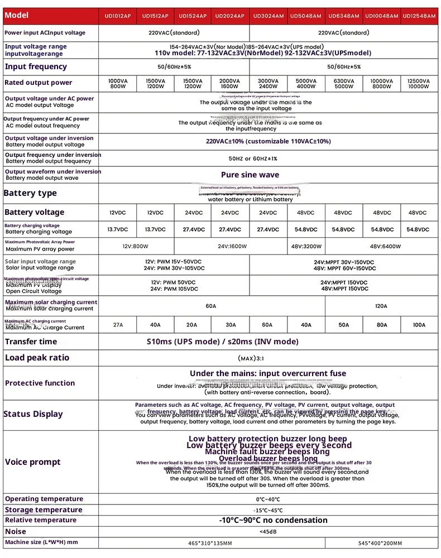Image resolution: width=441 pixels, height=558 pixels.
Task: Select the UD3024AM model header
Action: click(268, 16)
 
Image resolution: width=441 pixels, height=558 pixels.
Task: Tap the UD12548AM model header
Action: click(419, 16)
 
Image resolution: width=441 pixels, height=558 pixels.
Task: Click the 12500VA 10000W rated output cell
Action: click(419, 84)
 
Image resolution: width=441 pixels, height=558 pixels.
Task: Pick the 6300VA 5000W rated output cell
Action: click(344, 84)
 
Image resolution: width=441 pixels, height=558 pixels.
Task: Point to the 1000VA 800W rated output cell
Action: click(118, 84)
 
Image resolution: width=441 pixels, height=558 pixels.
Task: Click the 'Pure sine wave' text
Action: click(250, 175)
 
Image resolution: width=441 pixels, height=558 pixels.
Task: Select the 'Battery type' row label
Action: click(31, 193)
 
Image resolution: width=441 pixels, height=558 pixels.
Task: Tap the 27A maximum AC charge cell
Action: click(118, 325)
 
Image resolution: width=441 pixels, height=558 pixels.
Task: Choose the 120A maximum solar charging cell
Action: click(382, 306)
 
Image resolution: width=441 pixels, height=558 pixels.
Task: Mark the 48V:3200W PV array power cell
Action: click(306, 246)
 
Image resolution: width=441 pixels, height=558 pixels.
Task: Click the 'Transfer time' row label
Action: click(31, 341)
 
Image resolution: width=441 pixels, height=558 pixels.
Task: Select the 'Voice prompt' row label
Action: click(33, 462)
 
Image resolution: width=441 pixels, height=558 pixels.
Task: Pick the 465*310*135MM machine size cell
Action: click(212, 543)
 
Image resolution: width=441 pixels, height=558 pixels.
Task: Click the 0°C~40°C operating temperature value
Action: click(268, 499)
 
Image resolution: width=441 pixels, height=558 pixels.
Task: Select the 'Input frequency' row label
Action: click(36, 66)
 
